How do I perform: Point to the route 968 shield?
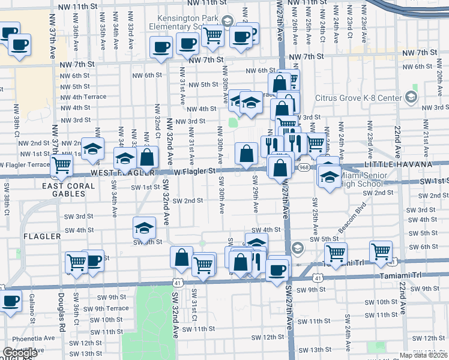304,167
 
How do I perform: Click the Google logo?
20,353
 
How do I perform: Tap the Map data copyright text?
424,355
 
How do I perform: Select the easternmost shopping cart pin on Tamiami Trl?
381,251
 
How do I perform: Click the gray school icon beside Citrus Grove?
411,97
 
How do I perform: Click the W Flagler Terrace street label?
25,164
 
